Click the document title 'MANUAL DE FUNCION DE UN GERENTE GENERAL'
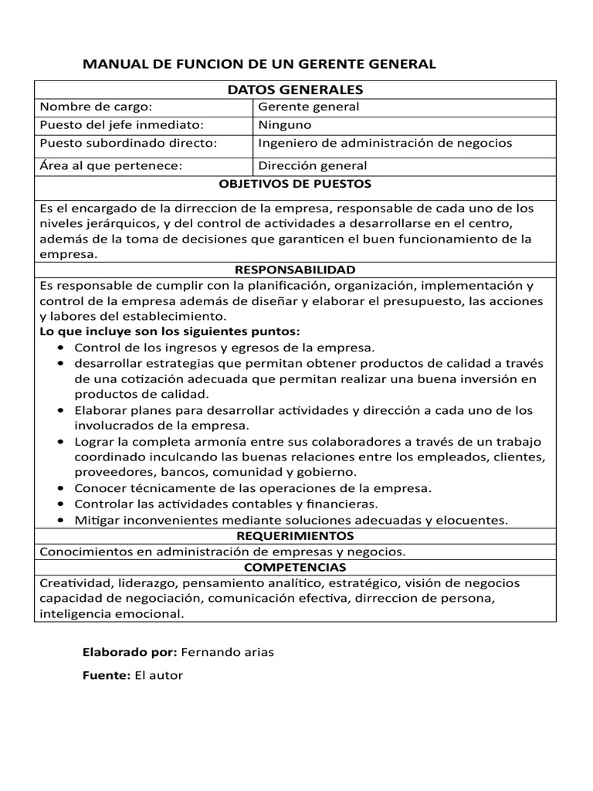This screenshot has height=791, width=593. click(259, 64)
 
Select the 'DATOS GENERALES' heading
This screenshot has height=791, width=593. click(295, 90)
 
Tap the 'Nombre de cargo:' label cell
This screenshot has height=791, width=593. click(96, 107)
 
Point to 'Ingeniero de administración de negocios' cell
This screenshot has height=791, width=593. click(385, 143)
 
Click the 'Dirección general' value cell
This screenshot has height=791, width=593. click(313, 165)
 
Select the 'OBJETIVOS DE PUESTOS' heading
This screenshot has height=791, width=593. click(295, 185)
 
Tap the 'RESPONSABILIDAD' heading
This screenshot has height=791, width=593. click(295, 270)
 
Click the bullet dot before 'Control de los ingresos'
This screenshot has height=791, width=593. click(61, 348)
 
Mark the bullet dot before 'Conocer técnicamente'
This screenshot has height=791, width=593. click(61, 489)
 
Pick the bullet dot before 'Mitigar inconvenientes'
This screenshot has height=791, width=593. click(61, 521)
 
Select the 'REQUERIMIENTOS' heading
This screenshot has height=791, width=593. click(295, 536)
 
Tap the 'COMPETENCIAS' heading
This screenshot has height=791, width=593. click(295, 568)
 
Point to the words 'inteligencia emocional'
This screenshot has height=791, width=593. click(111, 614)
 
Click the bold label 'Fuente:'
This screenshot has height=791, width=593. click(106, 676)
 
